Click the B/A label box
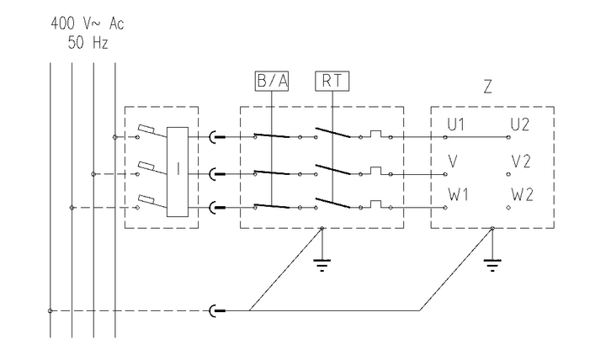coord(272,82)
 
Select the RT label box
coord(332,82)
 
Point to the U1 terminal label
coord(458,125)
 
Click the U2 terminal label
coord(520,125)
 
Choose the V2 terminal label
coord(521,161)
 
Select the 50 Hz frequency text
coord(88,41)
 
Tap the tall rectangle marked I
coord(178,172)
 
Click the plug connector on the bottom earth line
coord(215,311)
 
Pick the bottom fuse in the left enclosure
coord(146,200)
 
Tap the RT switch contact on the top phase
coord(331,134)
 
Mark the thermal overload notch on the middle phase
coord(376,170)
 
